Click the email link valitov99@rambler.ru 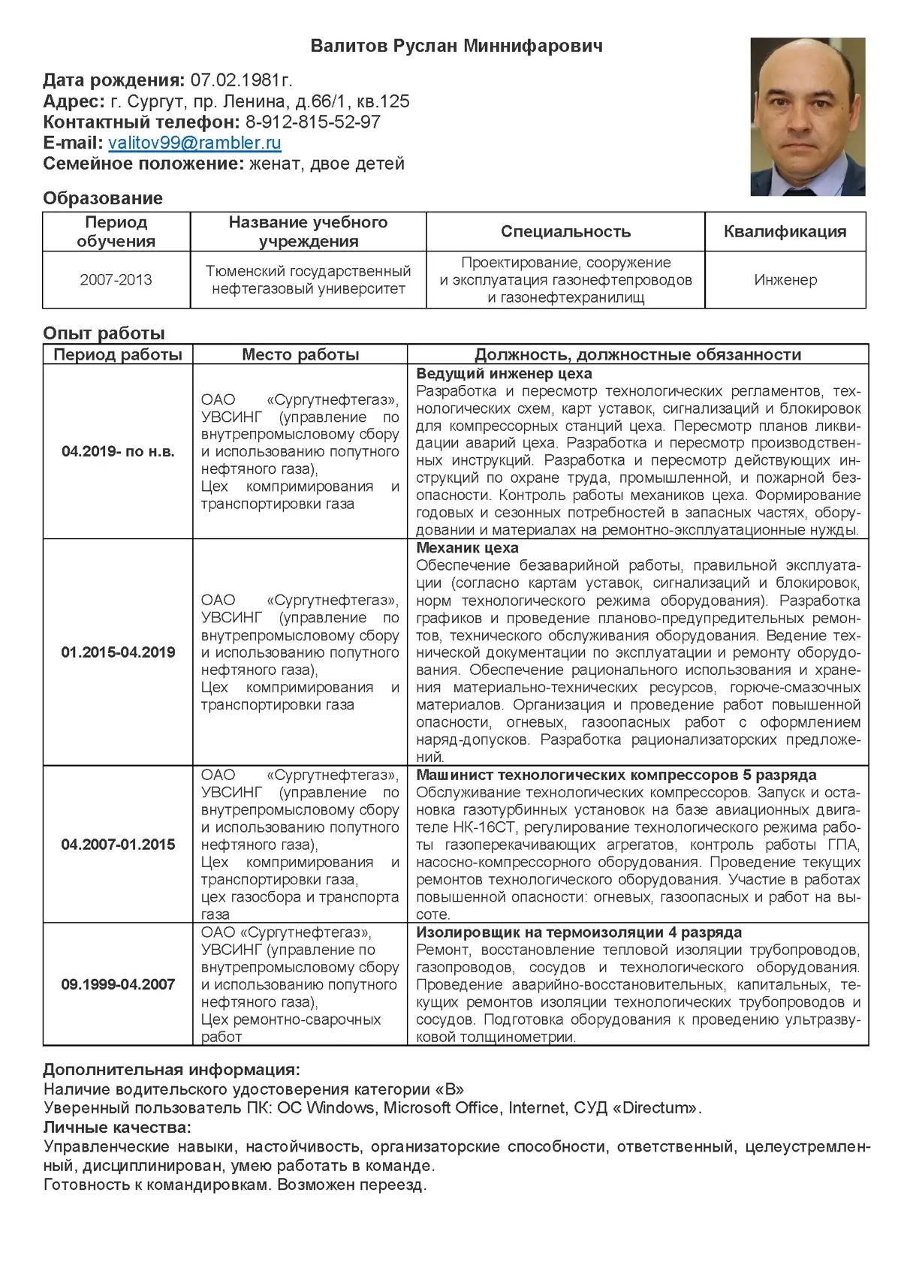click(194, 143)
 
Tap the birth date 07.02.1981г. click(241, 80)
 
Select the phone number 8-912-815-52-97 click(312, 122)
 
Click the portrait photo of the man click(808, 117)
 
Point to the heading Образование click(103, 198)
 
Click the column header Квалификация click(785, 231)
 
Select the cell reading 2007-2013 click(116, 280)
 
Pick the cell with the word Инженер click(785, 280)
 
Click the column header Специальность click(565, 231)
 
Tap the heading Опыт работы click(104, 333)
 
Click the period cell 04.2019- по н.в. click(118, 452)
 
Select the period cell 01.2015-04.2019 click(118, 652)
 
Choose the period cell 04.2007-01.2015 click(118, 845)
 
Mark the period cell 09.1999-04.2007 click(118, 984)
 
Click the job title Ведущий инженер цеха click(504, 374)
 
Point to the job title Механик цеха click(467, 548)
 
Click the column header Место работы click(300, 354)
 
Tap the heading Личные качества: click(117, 1127)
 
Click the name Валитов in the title click(348, 47)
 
